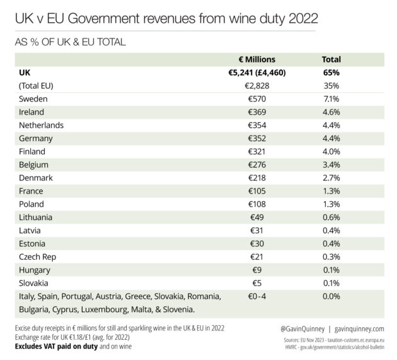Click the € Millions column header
pos(256,59)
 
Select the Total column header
pos(331,59)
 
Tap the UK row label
pos(25,73)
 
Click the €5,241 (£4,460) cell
pos(257,73)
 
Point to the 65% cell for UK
pos(331,73)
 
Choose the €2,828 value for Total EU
pos(257,86)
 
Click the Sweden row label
pos(33,99)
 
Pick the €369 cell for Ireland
pos(257,112)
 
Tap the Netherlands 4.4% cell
pos(331,125)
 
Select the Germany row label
pos(36,139)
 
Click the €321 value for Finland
pos(256,151)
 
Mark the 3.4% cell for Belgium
pos(331,165)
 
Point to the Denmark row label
pos(36,178)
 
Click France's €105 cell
pos(257,191)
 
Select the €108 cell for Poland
pos(257,204)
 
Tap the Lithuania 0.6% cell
pos(331,218)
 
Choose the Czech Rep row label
pos(37,257)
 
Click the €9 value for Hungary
pos(257,270)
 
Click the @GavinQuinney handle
pos(302,329)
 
